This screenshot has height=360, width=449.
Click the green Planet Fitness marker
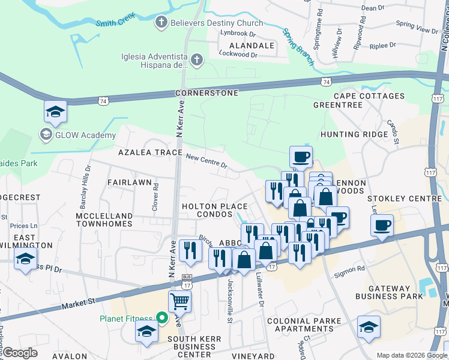(161, 317)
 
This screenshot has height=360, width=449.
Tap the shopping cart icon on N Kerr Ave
(180, 301)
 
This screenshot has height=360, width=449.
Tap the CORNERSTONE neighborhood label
(206, 94)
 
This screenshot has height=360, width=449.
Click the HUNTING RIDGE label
(355, 134)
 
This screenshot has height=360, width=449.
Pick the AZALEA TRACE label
(149, 152)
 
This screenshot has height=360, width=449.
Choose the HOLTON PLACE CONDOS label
(215, 211)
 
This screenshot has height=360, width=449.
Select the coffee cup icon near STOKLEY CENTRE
(382, 226)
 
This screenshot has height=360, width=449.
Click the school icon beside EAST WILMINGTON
(25, 259)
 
